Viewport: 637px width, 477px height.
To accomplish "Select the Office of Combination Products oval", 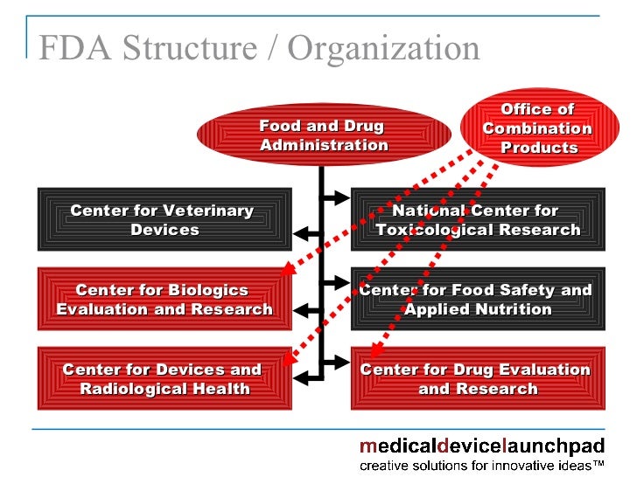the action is point(538,128).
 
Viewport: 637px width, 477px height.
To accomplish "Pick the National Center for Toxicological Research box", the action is point(478,220).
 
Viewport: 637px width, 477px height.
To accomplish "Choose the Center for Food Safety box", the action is point(478,299).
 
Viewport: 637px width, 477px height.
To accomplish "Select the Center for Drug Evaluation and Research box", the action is point(478,378).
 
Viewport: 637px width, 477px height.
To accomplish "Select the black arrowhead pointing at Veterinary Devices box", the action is point(300,232).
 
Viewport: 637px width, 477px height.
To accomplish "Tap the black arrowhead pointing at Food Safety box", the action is point(343,282).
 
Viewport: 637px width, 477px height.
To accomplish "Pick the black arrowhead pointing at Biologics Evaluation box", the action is point(300,308).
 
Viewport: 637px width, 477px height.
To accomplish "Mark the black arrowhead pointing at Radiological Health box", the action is point(300,377).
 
